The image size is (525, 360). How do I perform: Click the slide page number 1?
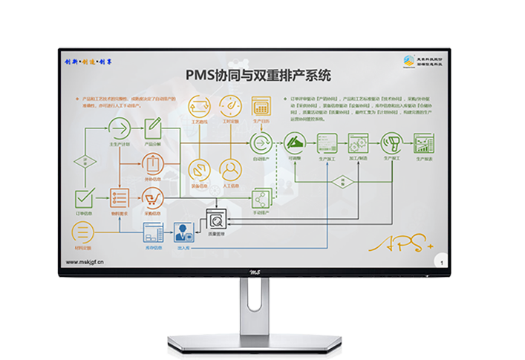(443, 262)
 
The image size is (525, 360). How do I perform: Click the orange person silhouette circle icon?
(230, 168)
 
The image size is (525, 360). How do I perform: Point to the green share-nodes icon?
(260, 198)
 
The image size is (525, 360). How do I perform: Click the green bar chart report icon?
(424, 142)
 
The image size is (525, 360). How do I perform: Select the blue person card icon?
(183, 232)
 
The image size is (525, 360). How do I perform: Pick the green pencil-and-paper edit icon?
(154, 125)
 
